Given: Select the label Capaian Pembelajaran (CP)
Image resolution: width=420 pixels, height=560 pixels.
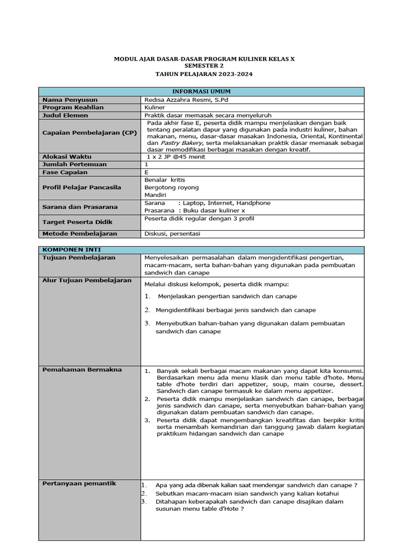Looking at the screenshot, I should [90, 133].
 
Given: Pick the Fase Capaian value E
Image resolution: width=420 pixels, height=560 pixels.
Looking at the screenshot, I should [147, 172].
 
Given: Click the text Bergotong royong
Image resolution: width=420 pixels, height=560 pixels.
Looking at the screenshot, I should [171, 188].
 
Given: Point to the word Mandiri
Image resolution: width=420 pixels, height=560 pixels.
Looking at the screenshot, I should [156, 195].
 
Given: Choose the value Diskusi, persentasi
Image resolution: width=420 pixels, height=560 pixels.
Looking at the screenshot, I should [172, 234].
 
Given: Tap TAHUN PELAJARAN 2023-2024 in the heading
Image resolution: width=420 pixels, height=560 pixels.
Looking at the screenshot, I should [204, 74].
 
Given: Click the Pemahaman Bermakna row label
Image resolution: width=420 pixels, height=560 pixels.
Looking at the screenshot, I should [82, 370].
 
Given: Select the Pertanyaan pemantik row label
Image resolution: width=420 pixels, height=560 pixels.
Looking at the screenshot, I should [79, 483].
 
